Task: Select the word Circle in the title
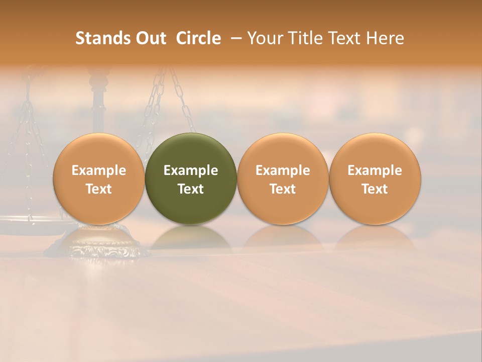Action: tap(198, 38)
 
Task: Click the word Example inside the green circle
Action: tap(191, 170)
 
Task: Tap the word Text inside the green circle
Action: tap(191, 189)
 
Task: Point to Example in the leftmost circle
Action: tap(99, 170)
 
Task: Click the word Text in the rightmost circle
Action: tap(375, 189)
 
